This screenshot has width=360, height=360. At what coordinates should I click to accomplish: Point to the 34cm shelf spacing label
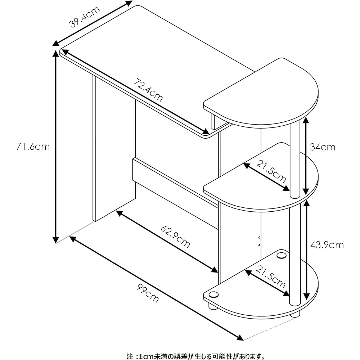click(x=323, y=147)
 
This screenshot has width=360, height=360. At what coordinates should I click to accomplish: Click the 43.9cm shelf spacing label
click(x=327, y=245)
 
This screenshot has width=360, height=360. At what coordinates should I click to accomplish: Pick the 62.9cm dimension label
click(x=175, y=237)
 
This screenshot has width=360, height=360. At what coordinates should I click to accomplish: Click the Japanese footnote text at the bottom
click(x=196, y=356)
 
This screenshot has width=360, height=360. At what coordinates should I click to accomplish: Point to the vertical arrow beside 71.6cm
click(x=55, y=147)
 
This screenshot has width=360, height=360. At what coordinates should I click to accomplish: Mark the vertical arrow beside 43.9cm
click(x=306, y=248)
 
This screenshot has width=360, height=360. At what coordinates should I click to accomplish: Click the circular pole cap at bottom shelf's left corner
click(x=213, y=294)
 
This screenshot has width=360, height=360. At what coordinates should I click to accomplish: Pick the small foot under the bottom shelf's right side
click(x=295, y=314)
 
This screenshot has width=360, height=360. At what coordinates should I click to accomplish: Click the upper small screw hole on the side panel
click(x=259, y=238)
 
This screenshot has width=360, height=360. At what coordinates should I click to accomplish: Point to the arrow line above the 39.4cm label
click(x=92, y=23)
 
